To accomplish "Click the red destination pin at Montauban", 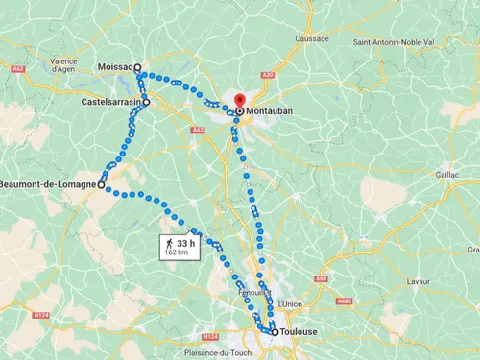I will tap(239, 100).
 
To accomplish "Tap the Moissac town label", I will tap(115, 67).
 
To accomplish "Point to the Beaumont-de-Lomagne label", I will tap(47, 184).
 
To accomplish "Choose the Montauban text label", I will tap(269, 111).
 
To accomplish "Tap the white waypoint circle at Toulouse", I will tap(276, 332).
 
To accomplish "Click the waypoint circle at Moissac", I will tap(138, 68).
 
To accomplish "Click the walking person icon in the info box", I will tap(170, 244).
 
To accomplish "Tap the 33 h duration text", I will tap(185, 244).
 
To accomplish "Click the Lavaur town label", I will tap(419, 281).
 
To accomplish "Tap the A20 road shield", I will tap(267, 75).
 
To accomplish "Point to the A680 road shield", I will tap(371, 300).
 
